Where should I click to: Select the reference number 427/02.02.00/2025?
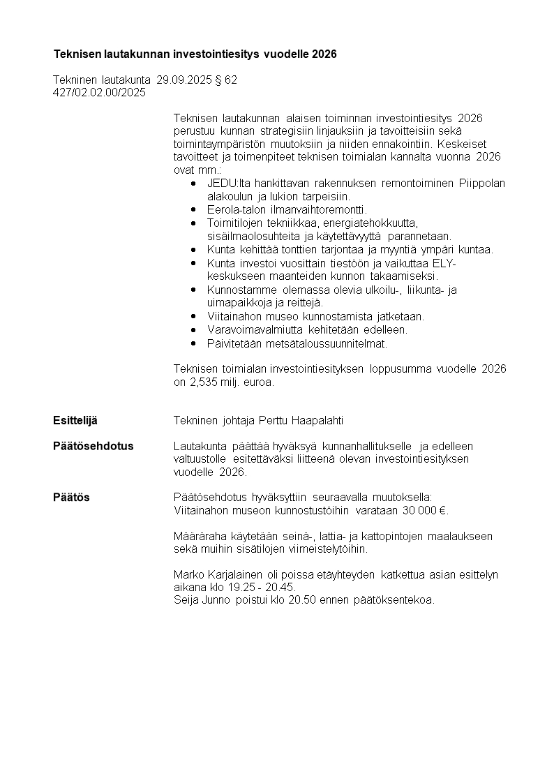pos(99,92)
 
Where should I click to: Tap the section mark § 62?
pos(226,80)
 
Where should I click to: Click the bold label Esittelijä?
pos(75,420)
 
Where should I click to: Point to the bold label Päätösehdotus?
pos(93,446)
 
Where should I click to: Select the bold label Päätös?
pos(71,498)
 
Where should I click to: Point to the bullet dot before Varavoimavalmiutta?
pos(193,330)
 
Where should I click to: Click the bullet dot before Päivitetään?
pos(193,343)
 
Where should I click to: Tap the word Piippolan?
pos(482,184)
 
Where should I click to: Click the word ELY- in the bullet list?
pos(443,263)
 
